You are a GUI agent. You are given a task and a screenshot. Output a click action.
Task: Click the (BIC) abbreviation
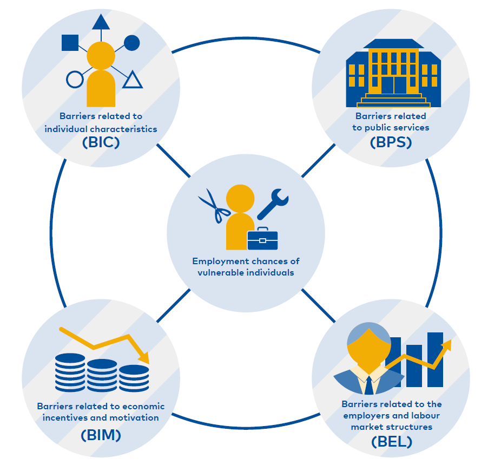(x=101, y=142)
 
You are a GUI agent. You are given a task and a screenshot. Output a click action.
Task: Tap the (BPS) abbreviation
(x=391, y=142)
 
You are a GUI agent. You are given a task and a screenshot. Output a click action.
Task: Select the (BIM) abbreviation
(x=101, y=435)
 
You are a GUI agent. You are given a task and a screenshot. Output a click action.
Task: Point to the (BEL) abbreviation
(x=392, y=442)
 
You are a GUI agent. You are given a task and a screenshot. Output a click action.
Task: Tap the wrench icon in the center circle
(x=273, y=204)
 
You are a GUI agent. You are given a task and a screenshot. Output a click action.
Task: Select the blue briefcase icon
(x=262, y=239)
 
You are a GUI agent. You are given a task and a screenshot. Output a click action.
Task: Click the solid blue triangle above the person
(x=101, y=22)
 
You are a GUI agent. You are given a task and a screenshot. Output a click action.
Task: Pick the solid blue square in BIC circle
(x=70, y=43)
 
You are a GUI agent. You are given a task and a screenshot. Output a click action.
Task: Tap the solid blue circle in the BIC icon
(x=131, y=43)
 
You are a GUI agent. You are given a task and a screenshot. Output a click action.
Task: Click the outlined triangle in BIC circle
(x=133, y=80)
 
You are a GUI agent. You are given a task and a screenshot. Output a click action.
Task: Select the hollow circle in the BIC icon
(x=75, y=80)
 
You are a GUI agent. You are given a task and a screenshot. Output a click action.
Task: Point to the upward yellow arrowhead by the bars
(x=446, y=345)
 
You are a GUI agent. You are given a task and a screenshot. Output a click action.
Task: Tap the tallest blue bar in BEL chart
(x=435, y=359)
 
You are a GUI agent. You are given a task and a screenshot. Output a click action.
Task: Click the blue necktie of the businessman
(x=369, y=385)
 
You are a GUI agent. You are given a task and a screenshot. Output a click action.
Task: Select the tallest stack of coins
(x=70, y=372)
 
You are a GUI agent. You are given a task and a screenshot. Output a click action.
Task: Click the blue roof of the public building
(x=394, y=44)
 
